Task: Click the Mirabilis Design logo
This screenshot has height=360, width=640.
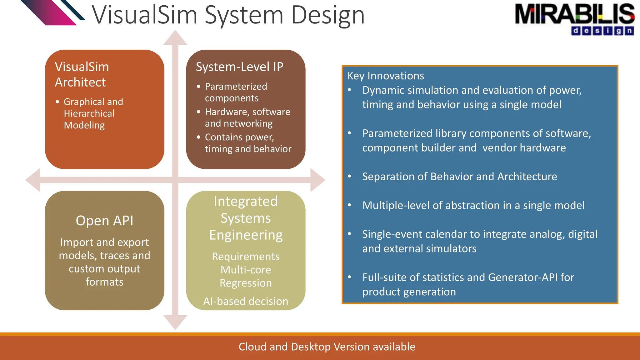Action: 574,19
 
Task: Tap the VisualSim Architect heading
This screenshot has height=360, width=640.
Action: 82,74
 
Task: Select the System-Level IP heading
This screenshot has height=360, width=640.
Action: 239,67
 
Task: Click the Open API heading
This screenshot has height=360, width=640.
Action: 104,221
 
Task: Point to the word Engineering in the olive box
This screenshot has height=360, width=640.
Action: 246,235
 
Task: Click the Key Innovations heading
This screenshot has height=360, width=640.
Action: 386,76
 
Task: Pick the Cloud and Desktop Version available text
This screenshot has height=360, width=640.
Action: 327,347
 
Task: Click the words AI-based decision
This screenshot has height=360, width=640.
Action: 246,301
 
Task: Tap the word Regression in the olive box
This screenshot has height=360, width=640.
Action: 246,283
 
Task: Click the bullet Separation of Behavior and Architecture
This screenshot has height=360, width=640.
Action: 459,177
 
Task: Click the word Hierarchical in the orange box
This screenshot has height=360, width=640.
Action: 89,113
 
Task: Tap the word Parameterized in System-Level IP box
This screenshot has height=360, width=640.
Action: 236,87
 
